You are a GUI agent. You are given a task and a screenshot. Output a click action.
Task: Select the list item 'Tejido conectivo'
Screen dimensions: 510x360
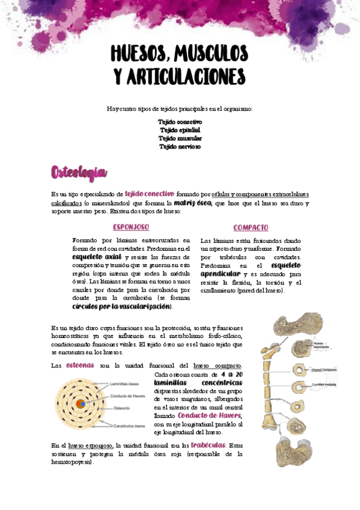tap(180, 121)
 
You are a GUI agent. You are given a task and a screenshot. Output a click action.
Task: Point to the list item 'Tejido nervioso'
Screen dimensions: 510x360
tap(180, 147)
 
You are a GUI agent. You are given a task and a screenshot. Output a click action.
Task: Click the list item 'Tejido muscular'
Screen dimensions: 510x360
tap(180, 138)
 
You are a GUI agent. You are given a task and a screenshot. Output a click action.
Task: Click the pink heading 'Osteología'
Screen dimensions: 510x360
tap(79, 173)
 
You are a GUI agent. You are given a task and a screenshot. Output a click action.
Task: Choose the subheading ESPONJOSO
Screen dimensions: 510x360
tap(131, 227)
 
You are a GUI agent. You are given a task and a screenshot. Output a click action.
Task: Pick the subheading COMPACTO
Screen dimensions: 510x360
tap(251, 228)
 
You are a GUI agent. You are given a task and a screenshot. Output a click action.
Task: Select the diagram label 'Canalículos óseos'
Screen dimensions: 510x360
tap(128, 426)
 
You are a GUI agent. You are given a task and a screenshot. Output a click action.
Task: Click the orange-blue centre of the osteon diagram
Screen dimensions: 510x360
tap(81, 404)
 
